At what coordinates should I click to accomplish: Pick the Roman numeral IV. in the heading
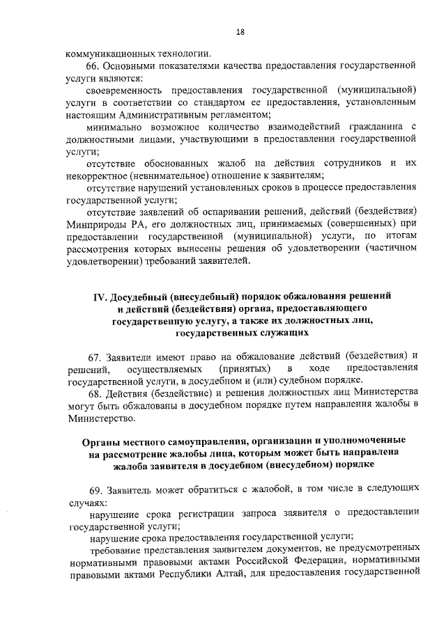point(103,296)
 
